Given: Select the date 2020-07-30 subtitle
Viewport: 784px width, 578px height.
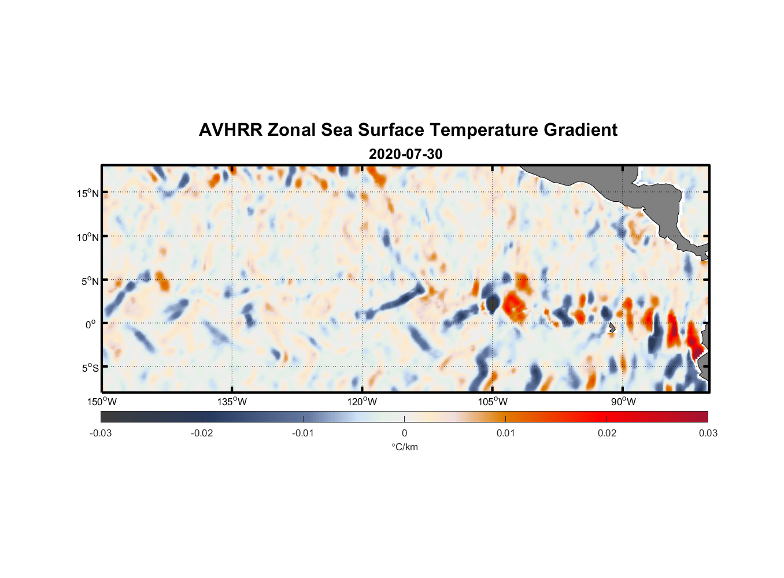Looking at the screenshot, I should (405, 154).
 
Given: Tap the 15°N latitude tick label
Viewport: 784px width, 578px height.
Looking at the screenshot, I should (87, 193).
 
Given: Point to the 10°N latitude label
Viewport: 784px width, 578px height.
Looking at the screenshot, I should (87, 237).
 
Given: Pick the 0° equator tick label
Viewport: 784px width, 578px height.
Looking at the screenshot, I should (91, 324).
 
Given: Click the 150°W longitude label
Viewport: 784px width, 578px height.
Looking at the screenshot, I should (102, 402).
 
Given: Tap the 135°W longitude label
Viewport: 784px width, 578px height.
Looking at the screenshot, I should (232, 402).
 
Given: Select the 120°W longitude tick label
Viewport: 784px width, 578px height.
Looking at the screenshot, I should (362, 402).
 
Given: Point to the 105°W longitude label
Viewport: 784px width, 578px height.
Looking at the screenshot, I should (493, 402).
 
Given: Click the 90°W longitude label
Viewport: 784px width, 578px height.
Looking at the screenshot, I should (623, 402).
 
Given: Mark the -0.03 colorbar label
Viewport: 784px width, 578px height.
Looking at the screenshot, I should (101, 433).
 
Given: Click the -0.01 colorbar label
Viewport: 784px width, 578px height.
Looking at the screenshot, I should (303, 433).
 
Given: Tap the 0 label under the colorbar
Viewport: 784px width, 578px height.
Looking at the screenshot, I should (404, 433).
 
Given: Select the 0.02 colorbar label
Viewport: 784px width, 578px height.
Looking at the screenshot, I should (607, 433).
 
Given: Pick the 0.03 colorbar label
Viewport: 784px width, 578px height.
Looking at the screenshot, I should (708, 433).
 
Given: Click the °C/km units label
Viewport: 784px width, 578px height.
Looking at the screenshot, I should (404, 447).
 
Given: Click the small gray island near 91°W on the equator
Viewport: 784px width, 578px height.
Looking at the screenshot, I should (612, 328).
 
